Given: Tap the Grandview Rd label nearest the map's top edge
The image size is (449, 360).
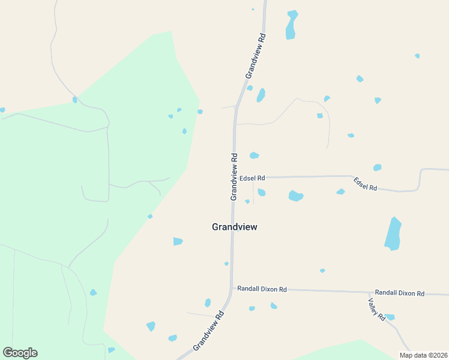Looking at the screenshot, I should coord(255,55).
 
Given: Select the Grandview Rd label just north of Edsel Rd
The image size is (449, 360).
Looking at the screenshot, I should coord(234,176).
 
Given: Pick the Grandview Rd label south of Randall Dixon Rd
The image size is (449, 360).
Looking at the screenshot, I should coord(208,331).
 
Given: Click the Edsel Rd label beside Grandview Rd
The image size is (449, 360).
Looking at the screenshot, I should coord(252,178).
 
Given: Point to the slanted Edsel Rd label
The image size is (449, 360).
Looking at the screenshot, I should coord(365,184).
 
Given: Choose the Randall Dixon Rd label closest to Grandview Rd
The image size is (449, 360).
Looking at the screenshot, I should coord(262,289).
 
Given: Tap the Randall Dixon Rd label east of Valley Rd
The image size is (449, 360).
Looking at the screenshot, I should coord(400,293).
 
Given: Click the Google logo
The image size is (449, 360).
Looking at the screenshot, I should coord(20,353).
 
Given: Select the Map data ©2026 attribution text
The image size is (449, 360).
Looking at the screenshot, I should coord(423,355).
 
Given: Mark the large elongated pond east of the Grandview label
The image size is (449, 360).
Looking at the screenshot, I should coord(393,234).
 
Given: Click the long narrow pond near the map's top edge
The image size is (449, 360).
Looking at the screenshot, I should coord(292,25).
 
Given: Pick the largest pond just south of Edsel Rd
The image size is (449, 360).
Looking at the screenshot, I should coord(296,196).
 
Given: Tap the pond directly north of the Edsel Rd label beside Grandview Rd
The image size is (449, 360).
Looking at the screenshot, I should coord(254,156).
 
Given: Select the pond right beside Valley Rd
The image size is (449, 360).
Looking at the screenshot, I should coord(390,317).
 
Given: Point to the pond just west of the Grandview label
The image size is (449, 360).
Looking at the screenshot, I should coord(178,241).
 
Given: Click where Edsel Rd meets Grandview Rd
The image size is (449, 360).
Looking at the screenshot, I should coord(234,178).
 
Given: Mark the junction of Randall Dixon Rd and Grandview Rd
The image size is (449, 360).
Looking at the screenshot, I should coord(232,289).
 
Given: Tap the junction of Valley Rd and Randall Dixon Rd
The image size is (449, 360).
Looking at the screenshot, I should coord(369,292).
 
